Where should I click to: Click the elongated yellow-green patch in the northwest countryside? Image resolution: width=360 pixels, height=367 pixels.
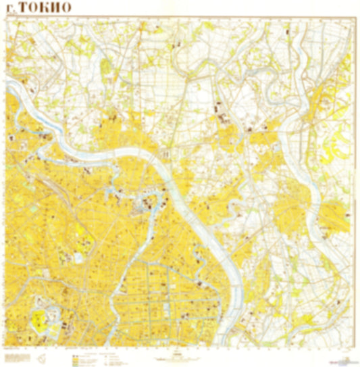point(105,68)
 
